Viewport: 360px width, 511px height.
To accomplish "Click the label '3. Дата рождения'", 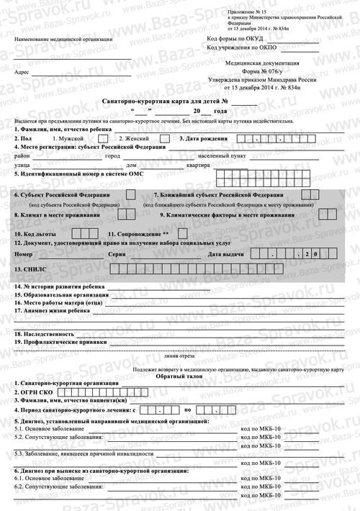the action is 203,137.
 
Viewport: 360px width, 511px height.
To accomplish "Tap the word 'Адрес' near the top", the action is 21,73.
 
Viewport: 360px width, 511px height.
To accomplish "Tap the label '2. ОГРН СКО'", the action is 33,394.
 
